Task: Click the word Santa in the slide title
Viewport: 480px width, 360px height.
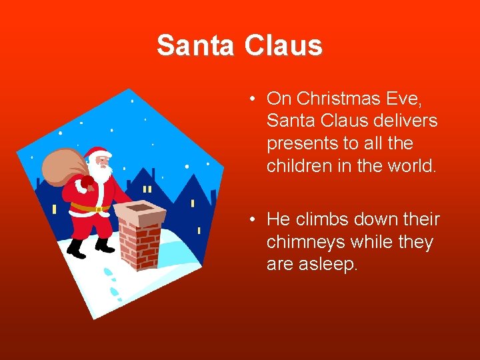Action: click(x=196, y=46)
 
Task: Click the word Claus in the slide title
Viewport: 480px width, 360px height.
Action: click(x=283, y=46)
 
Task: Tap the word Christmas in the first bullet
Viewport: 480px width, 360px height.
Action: click(x=340, y=99)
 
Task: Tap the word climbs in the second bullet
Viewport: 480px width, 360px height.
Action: click(x=321, y=219)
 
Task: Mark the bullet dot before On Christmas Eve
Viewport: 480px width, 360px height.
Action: click(x=255, y=99)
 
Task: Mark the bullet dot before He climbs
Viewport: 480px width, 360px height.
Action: click(x=255, y=220)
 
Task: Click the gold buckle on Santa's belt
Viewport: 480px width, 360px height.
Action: click(x=99, y=209)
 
